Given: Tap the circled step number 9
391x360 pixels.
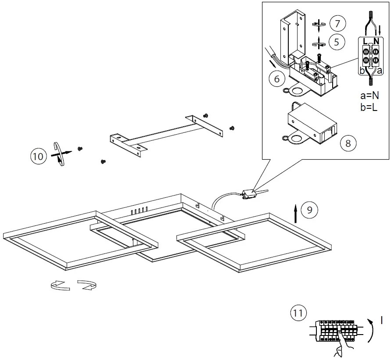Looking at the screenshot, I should (309, 210).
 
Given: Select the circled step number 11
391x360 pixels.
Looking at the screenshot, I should (298, 314).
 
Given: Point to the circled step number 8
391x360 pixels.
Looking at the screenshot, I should (348, 143).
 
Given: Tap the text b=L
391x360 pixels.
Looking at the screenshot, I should (369, 107).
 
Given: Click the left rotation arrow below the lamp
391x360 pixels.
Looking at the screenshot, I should (60, 285).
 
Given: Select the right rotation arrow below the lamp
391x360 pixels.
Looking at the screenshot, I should (87, 285).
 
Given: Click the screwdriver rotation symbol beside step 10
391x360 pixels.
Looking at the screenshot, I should (59, 153).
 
